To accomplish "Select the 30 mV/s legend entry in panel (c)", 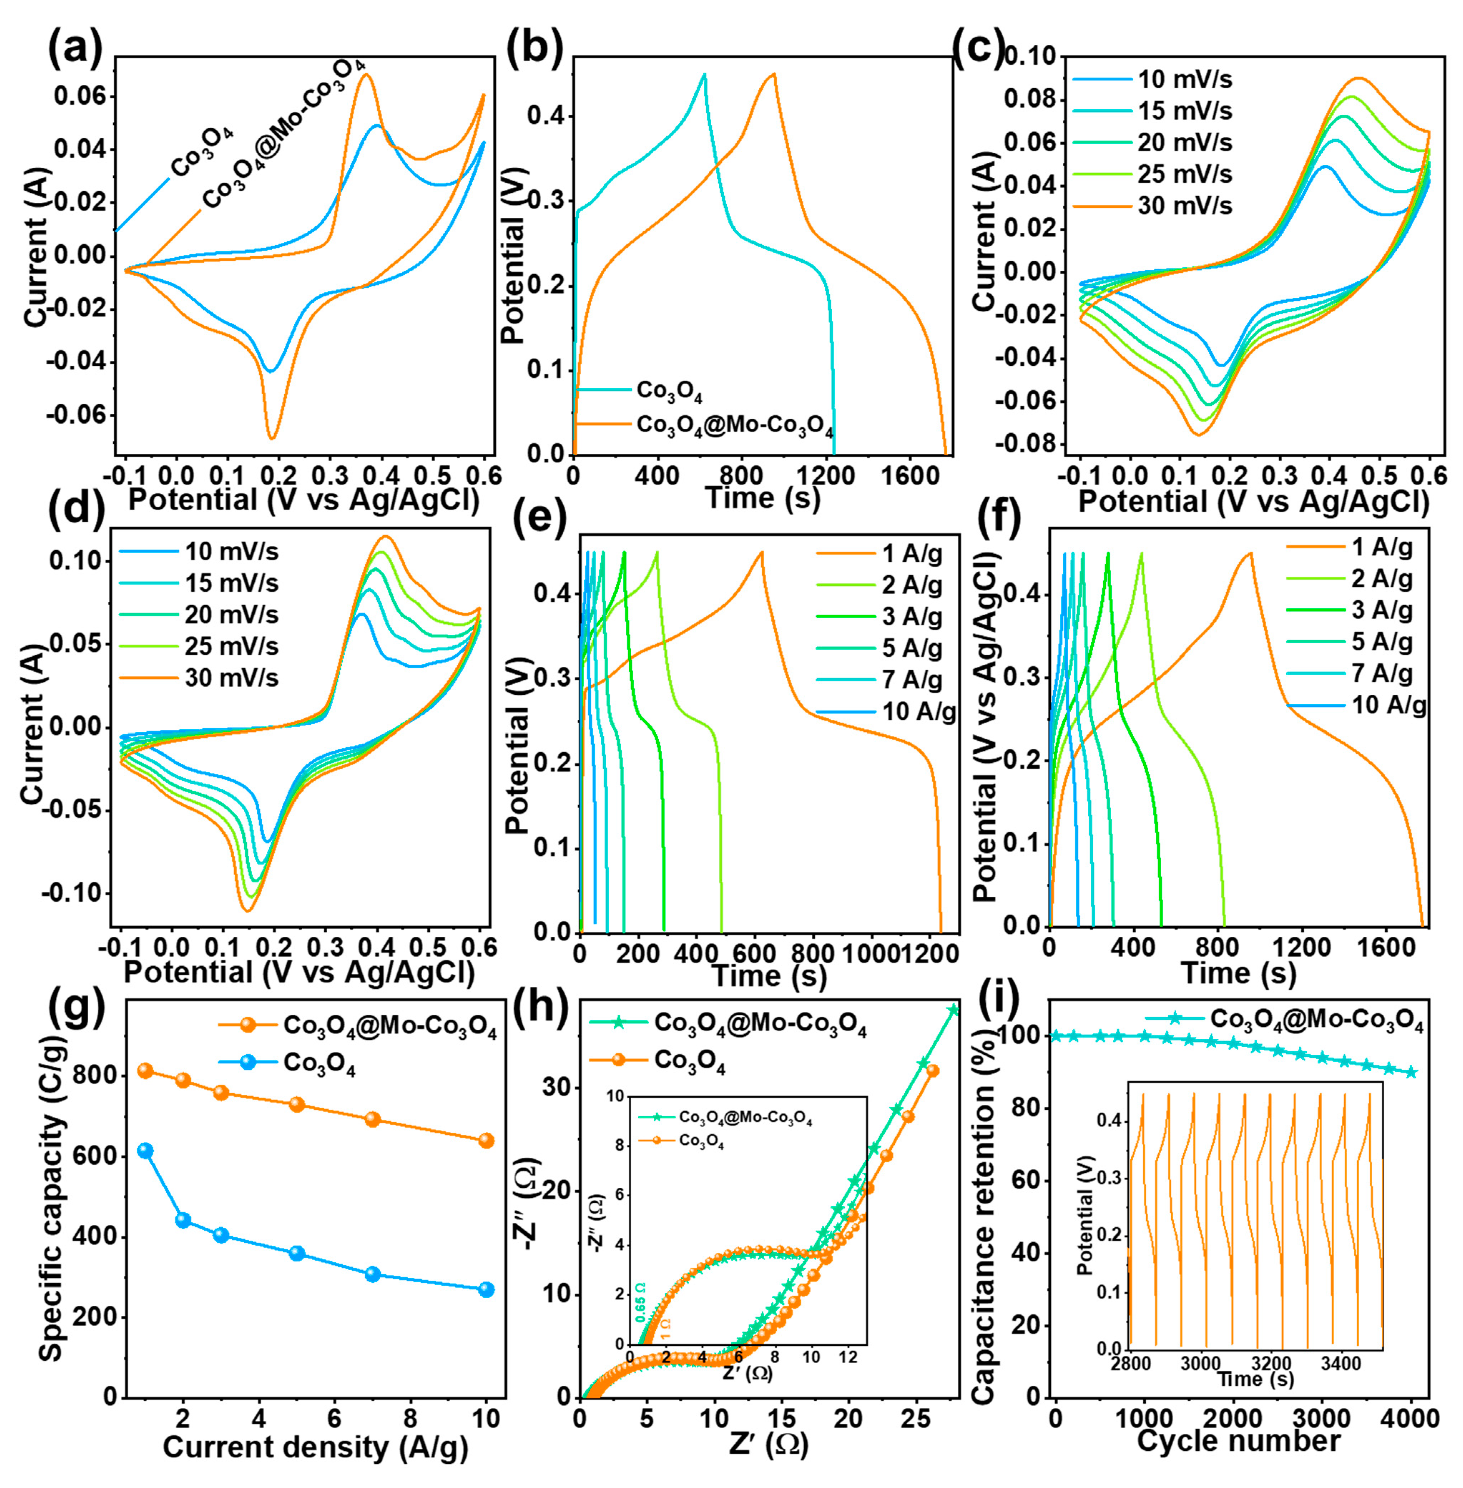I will coord(1184,206).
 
